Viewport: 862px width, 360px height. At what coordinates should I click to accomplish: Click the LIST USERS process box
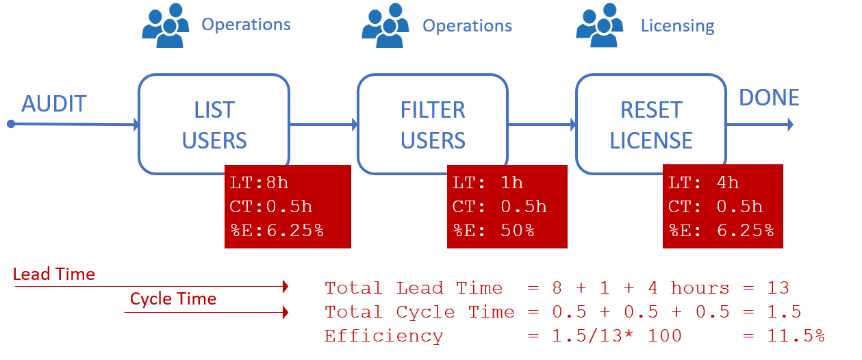(x=214, y=124)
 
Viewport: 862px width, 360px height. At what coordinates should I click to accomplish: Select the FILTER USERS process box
(x=433, y=124)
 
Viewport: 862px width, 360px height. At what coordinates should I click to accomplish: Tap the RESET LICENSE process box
(x=650, y=124)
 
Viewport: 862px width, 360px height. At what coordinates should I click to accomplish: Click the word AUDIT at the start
(x=54, y=104)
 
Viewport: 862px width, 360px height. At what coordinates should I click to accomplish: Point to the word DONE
(x=769, y=97)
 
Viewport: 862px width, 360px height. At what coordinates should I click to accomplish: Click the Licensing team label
(x=677, y=26)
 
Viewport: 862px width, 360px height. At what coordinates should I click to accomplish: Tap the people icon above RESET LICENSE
(x=600, y=26)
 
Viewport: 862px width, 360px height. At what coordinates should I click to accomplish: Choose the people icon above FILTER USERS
(x=385, y=26)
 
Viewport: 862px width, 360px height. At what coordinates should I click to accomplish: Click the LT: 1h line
(x=487, y=183)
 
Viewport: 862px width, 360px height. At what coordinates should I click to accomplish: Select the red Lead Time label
(x=54, y=274)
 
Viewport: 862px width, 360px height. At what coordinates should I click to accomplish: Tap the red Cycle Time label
(x=173, y=299)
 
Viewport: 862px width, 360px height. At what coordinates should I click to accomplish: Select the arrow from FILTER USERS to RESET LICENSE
(x=541, y=125)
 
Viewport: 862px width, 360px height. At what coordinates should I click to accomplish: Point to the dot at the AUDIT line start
(x=11, y=124)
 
